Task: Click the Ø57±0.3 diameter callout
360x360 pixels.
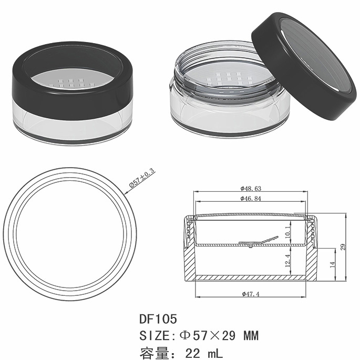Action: (x=142, y=178)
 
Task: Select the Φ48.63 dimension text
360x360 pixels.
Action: (x=251, y=189)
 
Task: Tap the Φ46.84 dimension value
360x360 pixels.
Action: (x=251, y=198)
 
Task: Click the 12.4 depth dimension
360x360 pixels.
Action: (x=288, y=261)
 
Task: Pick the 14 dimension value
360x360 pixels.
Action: (x=332, y=264)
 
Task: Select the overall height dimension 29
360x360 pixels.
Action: (x=343, y=247)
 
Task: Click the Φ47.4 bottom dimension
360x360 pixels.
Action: (x=251, y=294)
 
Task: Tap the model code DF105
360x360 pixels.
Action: (x=158, y=318)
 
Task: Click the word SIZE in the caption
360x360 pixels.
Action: (x=155, y=336)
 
